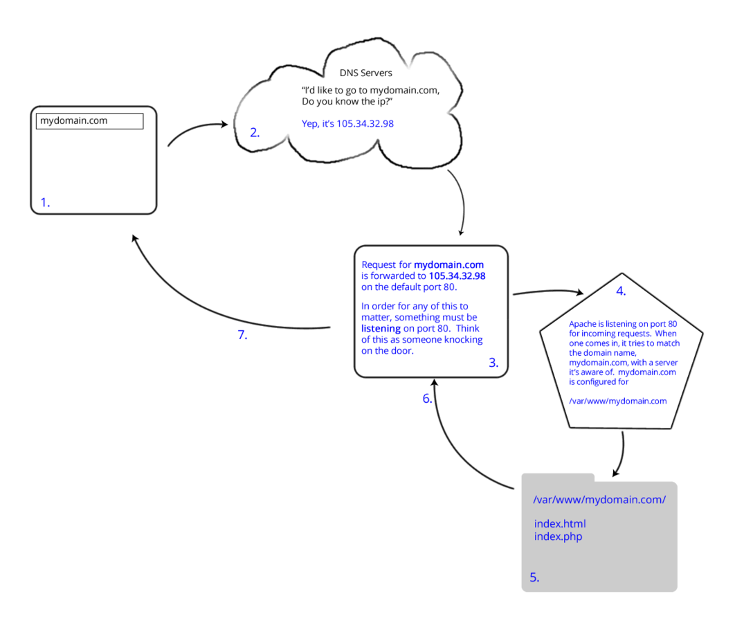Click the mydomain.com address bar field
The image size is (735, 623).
click(x=89, y=121)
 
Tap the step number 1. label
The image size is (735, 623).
click(x=45, y=203)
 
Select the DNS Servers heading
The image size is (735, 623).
click(x=365, y=73)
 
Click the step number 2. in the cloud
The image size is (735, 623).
click(x=255, y=133)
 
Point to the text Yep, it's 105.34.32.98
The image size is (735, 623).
click(x=347, y=123)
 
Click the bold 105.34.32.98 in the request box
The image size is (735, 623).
click(x=457, y=276)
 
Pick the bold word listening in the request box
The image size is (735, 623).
click(x=381, y=329)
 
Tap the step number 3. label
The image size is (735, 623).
click(x=493, y=363)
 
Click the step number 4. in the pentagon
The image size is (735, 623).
click(x=621, y=291)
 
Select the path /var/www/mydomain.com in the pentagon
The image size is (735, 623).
click(x=617, y=401)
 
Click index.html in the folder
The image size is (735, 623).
click(x=559, y=523)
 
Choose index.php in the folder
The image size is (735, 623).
click(x=558, y=536)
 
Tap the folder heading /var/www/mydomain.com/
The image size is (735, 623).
click(x=599, y=500)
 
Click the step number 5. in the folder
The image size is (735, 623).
click(x=534, y=577)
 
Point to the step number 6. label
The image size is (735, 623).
click(x=428, y=399)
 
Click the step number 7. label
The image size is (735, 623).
click(x=242, y=336)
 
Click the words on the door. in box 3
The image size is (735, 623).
click(x=387, y=351)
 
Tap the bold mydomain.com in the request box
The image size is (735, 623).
click(x=448, y=264)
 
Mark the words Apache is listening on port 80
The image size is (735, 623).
click(x=622, y=324)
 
